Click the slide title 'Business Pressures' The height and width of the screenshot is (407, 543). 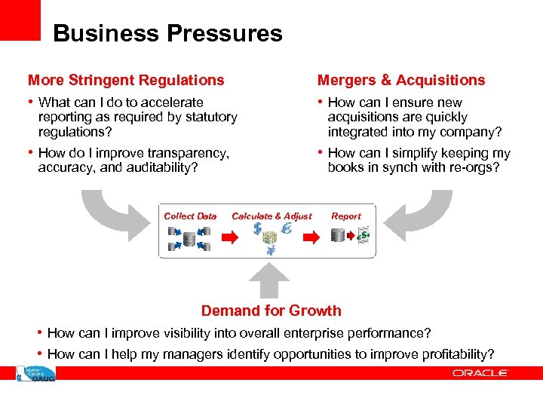pos(167,34)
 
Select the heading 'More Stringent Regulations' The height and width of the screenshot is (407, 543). pos(126,80)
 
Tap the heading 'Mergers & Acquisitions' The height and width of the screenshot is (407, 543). pos(401,80)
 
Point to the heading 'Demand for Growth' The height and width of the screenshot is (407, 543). pos(271,311)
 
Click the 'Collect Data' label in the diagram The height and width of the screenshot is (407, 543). pos(190,216)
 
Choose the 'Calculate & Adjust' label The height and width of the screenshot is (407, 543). pos(271,216)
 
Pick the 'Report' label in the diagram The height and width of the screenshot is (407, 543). pos(346,216)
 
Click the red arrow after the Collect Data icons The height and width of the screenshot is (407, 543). pos(228,237)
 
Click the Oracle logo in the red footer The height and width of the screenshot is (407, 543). pos(480,373)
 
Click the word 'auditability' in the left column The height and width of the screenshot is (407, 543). pos(161,168)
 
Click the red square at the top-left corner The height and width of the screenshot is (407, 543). pos(20,20)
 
